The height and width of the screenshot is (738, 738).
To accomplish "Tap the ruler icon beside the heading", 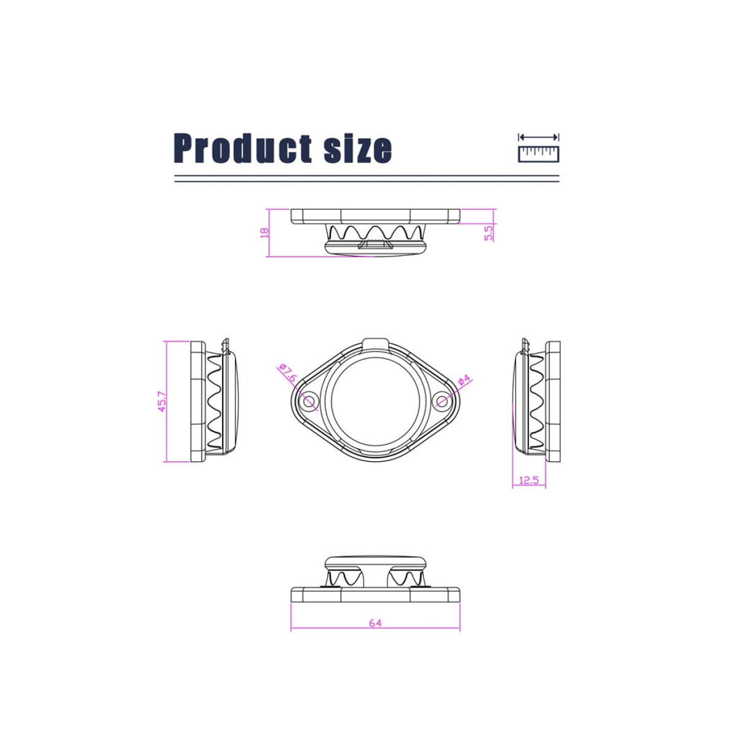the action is (539, 154).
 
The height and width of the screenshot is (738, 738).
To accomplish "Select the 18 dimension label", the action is (264, 232).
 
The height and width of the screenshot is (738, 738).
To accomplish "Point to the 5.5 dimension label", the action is (489, 232).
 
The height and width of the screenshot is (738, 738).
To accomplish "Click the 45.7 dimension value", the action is (162, 401).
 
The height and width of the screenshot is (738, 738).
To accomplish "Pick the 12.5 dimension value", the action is (530, 480).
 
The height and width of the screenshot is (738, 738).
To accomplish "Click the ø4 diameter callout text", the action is (464, 379).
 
